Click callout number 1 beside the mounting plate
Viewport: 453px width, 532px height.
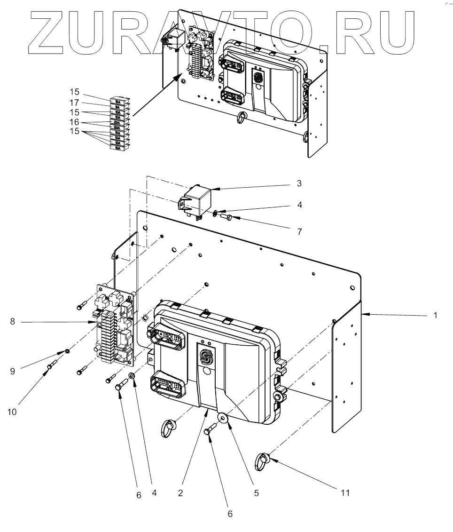pos(436,316)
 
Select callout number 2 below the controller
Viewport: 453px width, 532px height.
pos(181,493)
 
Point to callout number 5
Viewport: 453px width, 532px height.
pos(256,493)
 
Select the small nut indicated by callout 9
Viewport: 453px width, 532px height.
pos(68,351)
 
